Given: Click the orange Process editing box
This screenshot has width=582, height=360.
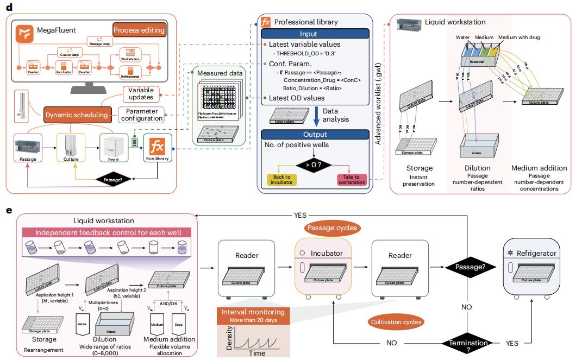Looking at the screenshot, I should click(139, 30).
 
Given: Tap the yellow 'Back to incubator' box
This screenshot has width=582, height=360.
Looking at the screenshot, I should click(282, 180).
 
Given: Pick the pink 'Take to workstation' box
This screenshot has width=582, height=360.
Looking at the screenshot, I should click(352, 180).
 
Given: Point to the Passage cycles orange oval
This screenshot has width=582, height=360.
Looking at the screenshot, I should click(333, 228).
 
